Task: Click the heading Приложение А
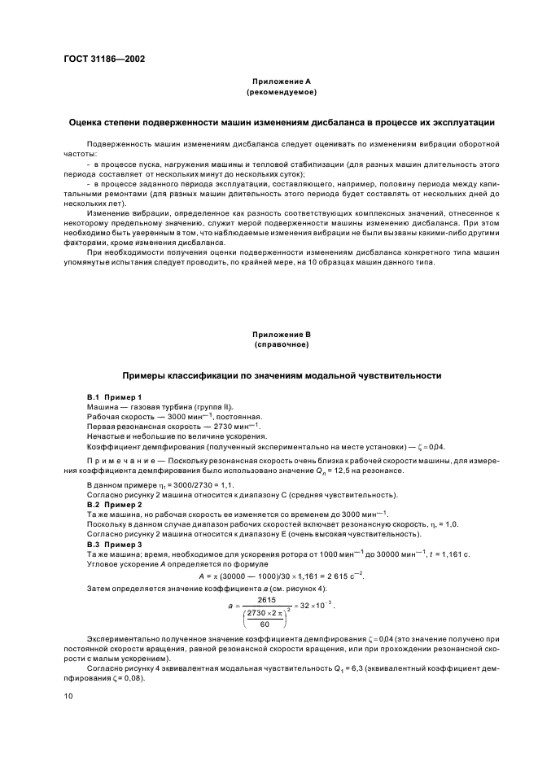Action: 269,81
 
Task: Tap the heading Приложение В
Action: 269,335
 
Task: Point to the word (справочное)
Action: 269,345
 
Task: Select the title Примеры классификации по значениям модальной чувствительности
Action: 269,376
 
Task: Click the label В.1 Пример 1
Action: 114,396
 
